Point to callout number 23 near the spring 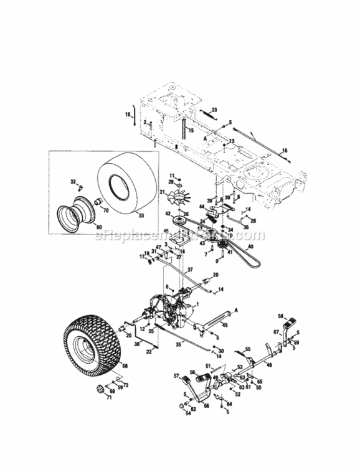[215, 110]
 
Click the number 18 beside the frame [128, 115]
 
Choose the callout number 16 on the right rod [285, 150]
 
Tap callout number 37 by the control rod [191, 270]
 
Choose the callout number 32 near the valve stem [72, 182]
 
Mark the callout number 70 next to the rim [105, 210]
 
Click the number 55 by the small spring [247, 349]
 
